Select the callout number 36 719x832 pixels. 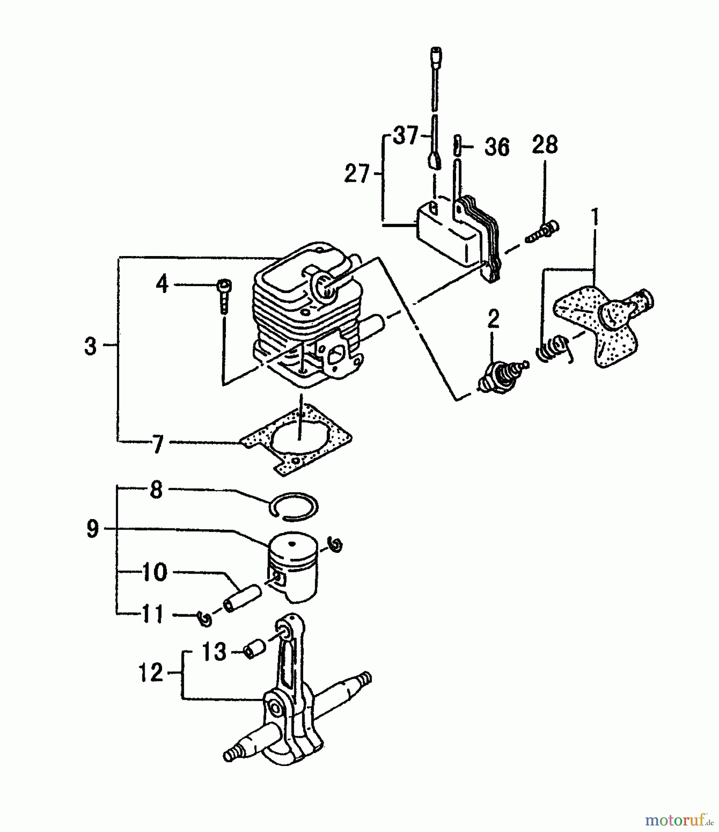[x=497, y=147]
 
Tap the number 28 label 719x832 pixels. [x=544, y=145]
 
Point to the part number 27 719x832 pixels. [x=357, y=174]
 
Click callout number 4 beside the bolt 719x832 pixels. [x=162, y=284]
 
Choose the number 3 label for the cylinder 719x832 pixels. [x=91, y=346]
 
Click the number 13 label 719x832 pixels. [x=214, y=652]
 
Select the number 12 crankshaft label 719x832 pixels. [x=151, y=673]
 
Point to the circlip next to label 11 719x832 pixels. [x=204, y=618]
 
